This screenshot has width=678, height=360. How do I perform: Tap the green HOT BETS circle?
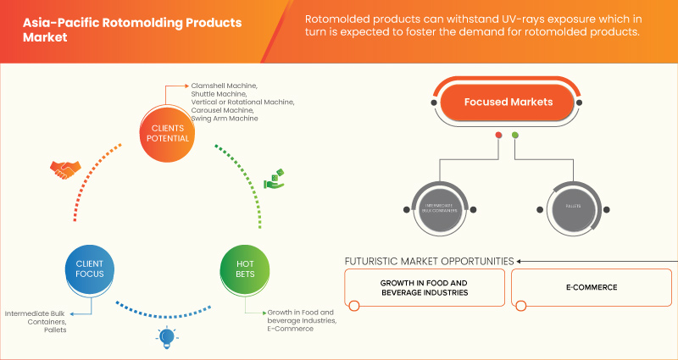(245, 269)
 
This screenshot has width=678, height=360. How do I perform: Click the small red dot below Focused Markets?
(498, 136)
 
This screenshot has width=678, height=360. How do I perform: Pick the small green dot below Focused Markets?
(514, 136)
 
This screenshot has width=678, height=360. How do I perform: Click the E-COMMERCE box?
(592, 287)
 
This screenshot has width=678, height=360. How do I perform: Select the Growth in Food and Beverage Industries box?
(424, 287)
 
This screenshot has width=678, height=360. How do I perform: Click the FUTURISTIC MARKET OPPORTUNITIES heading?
(429, 260)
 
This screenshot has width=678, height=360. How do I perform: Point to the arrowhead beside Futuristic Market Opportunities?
(520, 261)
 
